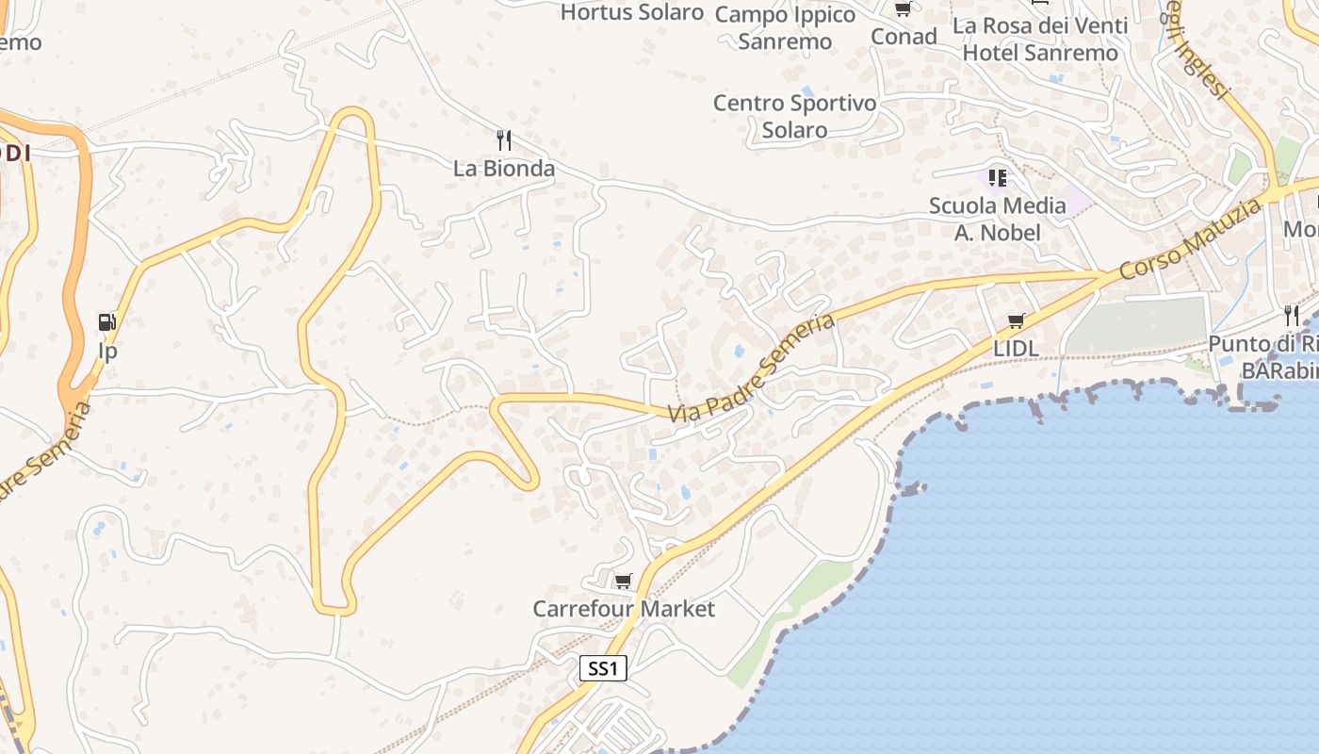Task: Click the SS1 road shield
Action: point(602,669)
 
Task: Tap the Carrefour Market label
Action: point(624,609)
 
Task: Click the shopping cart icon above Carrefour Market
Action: point(623,581)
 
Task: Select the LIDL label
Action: point(1016,349)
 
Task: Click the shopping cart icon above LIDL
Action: point(1016,321)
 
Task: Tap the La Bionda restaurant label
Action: point(504,169)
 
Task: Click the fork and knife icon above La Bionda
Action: point(504,140)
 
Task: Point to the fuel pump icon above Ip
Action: point(107,322)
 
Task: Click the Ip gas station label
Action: point(108,352)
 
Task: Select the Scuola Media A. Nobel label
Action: point(998,219)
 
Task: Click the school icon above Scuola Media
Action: point(998,177)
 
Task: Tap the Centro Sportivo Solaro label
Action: point(794,116)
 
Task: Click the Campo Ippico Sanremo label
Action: point(785,27)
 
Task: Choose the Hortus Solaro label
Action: point(632,12)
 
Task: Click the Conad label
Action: point(904,37)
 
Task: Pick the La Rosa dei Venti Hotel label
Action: point(1040,39)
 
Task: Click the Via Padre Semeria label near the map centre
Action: point(752,369)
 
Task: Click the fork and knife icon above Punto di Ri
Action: point(1291,316)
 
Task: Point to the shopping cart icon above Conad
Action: point(903,9)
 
